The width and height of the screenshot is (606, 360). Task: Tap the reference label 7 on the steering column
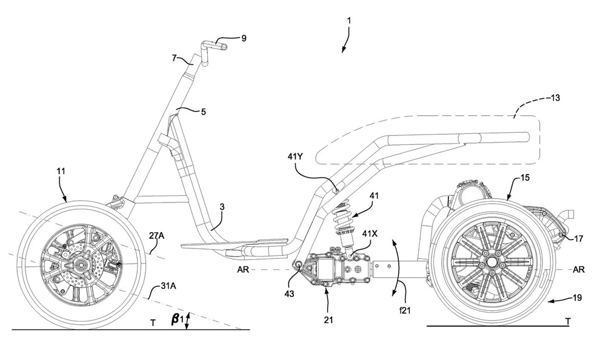[174, 58]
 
